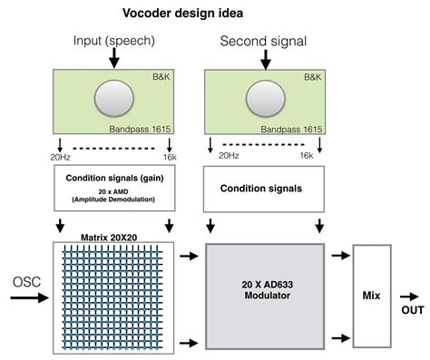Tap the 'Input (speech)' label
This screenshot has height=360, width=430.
[x=114, y=41]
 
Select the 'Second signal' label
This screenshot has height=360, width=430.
[x=264, y=42]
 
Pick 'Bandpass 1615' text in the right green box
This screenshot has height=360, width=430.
[x=291, y=128]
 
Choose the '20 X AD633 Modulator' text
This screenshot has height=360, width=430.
[x=265, y=292]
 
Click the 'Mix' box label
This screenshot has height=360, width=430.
[x=373, y=294]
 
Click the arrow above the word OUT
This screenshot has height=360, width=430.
[x=412, y=295]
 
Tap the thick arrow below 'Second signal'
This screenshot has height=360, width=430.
[x=265, y=60]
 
